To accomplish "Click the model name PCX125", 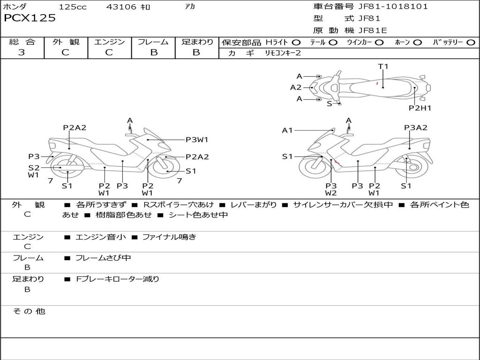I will pyautogui.click(x=30, y=18).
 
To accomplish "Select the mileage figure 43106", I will pyautogui.click(x=121, y=7).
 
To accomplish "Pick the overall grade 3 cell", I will pyautogui.click(x=22, y=52).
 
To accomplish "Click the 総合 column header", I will pyautogui.click(x=22, y=42).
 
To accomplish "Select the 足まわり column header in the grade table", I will pyautogui.click(x=197, y=42).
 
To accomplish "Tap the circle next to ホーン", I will pyautogui.click(x=417, y=42).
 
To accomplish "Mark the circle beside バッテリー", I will pyautogui.click(x=471, y=42).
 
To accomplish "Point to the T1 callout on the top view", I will pyautogui.click(x=383, y=67).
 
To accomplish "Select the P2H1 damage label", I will pyautogui.click(x=420, y=108).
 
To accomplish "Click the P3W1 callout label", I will pyautogui.click(x=196, y=139).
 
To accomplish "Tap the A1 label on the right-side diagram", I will pyautogui.click(x=287, y=130).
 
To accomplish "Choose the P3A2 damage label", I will pyautogui.click(x=415, y=127).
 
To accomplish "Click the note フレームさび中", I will pyautogui.click(x=103, y=258).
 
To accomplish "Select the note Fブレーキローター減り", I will pyautogui.click(x=118, y=279).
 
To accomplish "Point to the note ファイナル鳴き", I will pyautogui.click(x=169, y=237).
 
